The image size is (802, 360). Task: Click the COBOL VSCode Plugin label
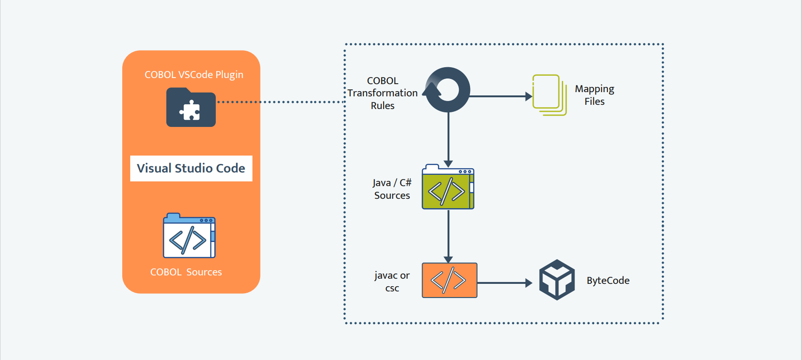[194, 75]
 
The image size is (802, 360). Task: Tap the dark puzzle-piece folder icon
[191, 108]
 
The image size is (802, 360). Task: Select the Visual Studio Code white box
[191, 168]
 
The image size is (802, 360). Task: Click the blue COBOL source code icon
[189, 236]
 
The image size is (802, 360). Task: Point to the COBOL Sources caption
[186, 272]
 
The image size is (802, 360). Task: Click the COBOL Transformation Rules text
[383, 93]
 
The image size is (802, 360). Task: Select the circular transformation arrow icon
[448, 90]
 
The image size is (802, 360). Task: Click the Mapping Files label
[594, 95]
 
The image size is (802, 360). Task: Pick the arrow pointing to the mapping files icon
[500, 96]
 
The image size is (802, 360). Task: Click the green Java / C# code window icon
[448, 187]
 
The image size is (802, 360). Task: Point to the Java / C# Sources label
[392, 189]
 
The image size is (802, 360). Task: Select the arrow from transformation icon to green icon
[448, 139]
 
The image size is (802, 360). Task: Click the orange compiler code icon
[449, 280]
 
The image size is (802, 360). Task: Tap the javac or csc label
[392, 282]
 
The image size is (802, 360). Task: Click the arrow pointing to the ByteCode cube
[504, 283]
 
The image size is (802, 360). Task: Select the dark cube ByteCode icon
[557, 280]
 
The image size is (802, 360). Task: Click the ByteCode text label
[608, 281]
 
